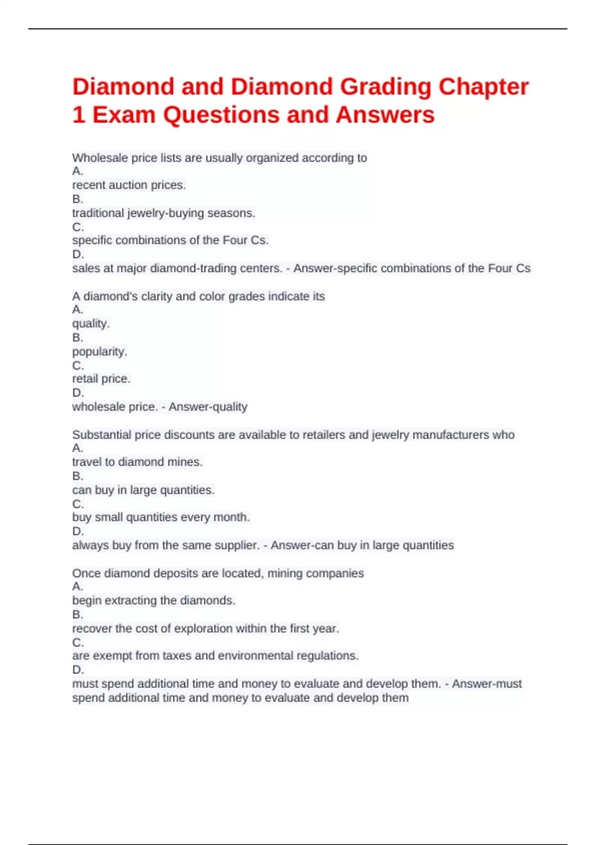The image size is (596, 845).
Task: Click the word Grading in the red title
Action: pos(385,87)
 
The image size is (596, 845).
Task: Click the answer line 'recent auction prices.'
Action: pos(129,185)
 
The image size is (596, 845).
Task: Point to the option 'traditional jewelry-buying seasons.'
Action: pos(163,213)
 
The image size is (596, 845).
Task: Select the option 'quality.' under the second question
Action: pos(91,324)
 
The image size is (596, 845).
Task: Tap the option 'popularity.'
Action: pos(99,351)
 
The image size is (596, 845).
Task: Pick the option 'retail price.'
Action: pos(101,379)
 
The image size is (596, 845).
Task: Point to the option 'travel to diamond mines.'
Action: pos(137,462)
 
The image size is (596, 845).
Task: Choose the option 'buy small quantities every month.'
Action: pos(161,517)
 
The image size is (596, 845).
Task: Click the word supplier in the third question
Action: pos(237,545)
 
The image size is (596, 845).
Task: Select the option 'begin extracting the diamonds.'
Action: pos(153,600)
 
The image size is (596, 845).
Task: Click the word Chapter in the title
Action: pos(483,87)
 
